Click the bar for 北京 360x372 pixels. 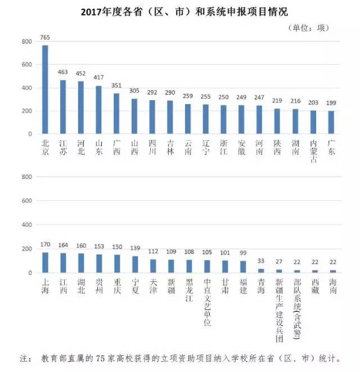pos(46,89)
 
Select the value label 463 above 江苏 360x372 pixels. pos(63,73)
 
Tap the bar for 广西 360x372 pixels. pos(116,113)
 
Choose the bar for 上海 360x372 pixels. pos(46,262)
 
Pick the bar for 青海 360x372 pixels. pos(261,271)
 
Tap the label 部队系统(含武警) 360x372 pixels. pos(297,310)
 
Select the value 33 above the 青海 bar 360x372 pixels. pos(261,262)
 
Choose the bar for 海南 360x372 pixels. pos(332,271)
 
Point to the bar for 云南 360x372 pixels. pos(189,119)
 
